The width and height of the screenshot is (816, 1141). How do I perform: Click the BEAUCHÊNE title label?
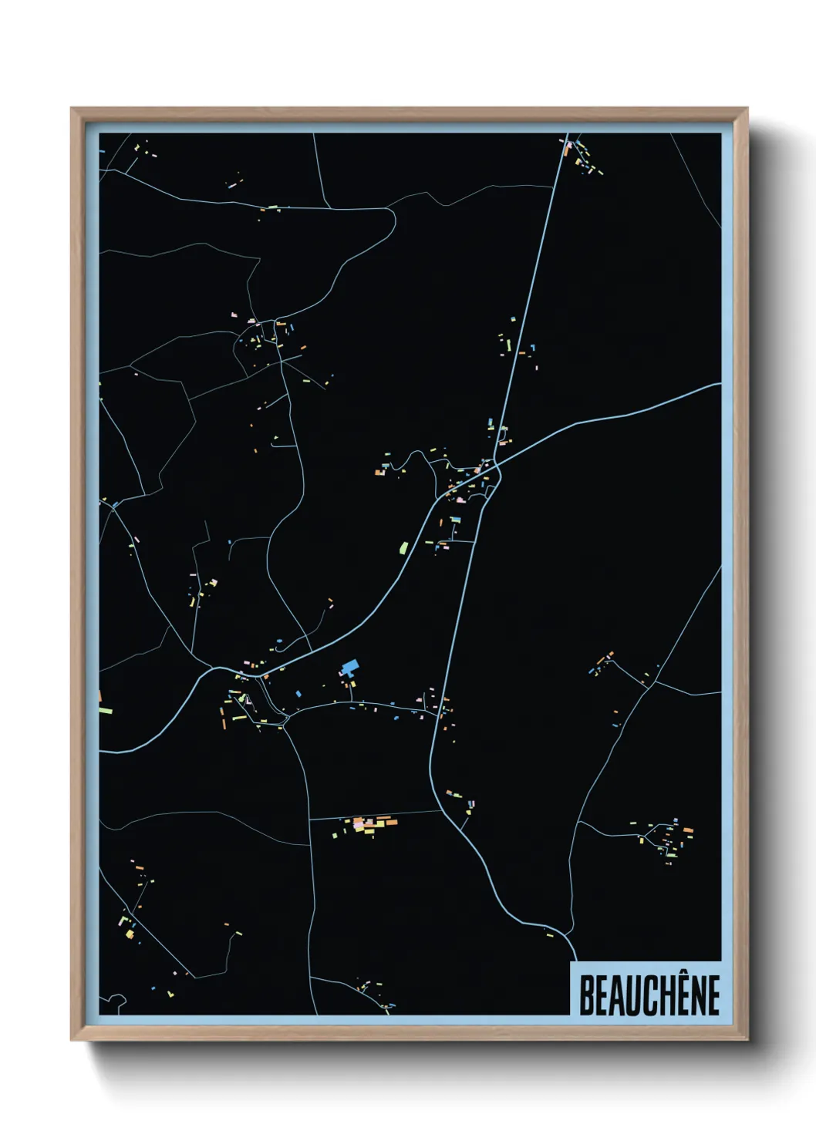[649, 995]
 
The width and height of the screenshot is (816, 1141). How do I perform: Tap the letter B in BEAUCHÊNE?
[586, 995]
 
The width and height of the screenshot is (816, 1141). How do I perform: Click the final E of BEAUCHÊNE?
[713, 995]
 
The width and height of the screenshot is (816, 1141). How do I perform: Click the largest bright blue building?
[350, 667]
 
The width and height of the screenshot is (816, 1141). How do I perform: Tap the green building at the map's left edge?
[105, 709]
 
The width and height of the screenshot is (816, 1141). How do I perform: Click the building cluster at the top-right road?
[582, 157]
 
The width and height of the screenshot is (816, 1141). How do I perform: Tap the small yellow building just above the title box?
[550, 935]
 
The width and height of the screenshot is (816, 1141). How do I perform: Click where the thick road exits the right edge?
[719, 385]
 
